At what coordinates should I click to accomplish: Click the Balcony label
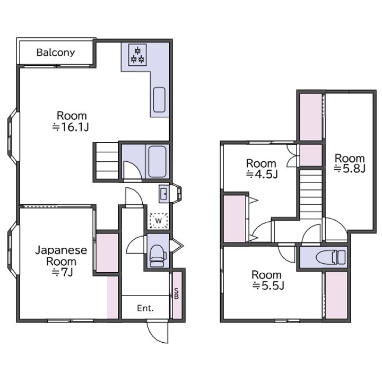click(x=56, y=53)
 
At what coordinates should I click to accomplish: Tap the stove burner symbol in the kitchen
click(x=137, y=55)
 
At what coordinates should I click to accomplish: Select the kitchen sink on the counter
click(x=159, y=100)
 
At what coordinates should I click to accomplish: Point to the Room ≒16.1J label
click(x=71, y=121)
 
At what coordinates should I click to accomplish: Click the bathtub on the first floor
click(x=157, y=161)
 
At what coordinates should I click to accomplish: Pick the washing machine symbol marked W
click(x=159, y=221)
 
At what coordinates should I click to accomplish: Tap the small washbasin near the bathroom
click(x=163, y=194)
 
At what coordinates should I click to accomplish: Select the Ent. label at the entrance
click(x=145, y=308)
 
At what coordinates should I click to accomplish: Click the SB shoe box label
click(x=177, y=293)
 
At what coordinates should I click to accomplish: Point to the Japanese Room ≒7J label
click(x=61, y=261)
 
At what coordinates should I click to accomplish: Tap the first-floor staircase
click(x=107, y=161)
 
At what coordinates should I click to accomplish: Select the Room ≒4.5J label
click(x=262, y=169)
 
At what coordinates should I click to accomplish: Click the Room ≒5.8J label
click(x=350, y=163)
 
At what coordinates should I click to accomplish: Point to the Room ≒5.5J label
click(x=267, y=280)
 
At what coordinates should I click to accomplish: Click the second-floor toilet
click(x=331, y=257)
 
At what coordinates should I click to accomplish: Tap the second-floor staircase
click(x=311, y=194)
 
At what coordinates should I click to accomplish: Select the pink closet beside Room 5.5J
click(x=336, y=295)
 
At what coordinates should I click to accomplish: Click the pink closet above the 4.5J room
click(x=311, y=117)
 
